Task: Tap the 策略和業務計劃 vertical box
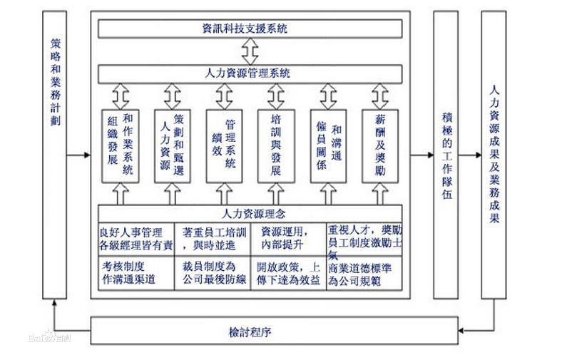[55, 153]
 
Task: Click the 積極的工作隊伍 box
[446, 153]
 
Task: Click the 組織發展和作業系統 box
[119, 144]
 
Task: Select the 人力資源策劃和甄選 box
[172, 144]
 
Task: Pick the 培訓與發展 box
[275, 144]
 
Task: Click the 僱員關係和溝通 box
[327, 144]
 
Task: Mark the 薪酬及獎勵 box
[379, 144]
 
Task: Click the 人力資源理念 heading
[250, 213]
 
